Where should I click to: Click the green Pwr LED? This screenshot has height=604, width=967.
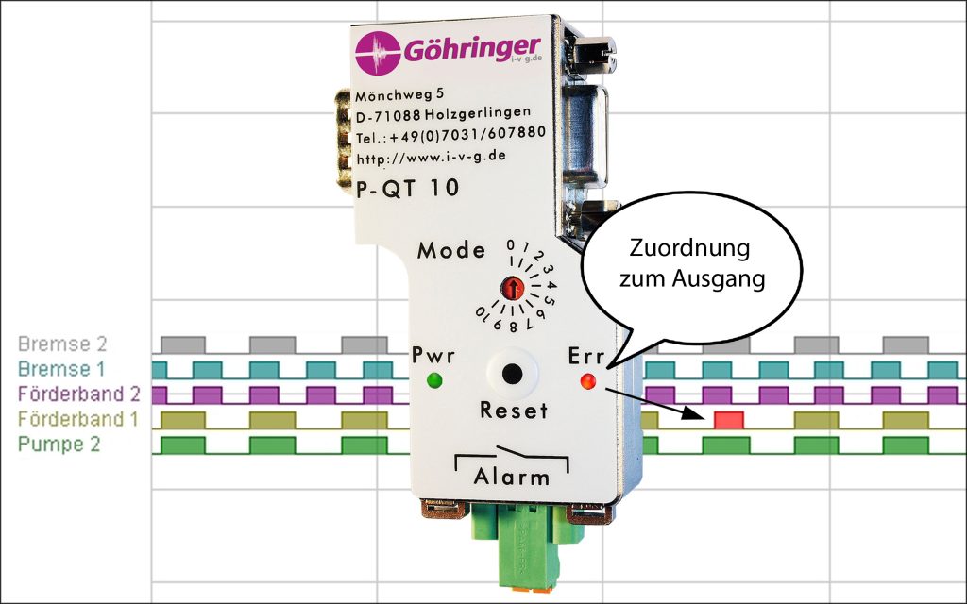tap(434, 380)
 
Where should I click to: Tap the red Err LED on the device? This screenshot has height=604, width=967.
tap(588, 381)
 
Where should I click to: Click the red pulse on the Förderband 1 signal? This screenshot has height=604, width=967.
tap(729, 419)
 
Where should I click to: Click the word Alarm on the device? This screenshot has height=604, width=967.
tap(512, 477)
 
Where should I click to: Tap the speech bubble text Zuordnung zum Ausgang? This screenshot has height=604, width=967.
tap(689, 266)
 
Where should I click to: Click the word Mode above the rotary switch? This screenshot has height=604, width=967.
tap(451, 251)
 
